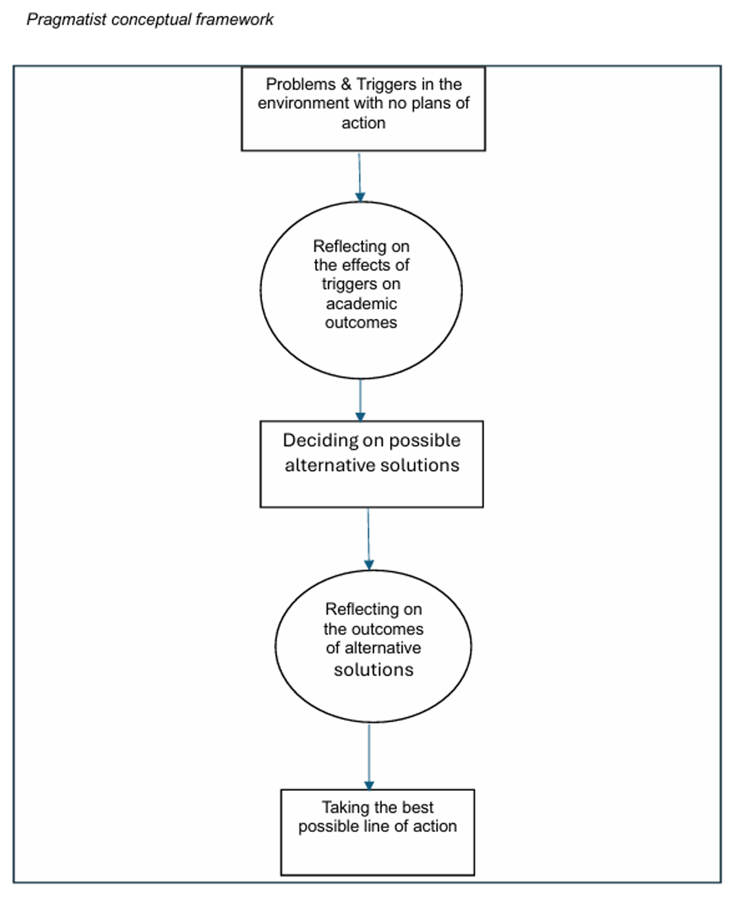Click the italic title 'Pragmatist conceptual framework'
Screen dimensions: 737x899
[150, 20]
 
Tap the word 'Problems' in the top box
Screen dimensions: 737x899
[300, 84]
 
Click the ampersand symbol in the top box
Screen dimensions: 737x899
[346, 84]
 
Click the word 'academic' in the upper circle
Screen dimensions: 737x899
[362, 304]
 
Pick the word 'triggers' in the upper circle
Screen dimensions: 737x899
[361, 284]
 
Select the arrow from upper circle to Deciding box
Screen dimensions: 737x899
[361, 400]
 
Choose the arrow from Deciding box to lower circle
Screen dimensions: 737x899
[368, 539]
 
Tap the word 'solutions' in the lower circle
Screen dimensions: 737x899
[374, 670]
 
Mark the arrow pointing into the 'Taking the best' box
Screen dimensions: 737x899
[369, 757]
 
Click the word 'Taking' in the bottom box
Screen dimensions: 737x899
[345, 808]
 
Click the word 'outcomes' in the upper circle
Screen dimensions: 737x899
[361, 322]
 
